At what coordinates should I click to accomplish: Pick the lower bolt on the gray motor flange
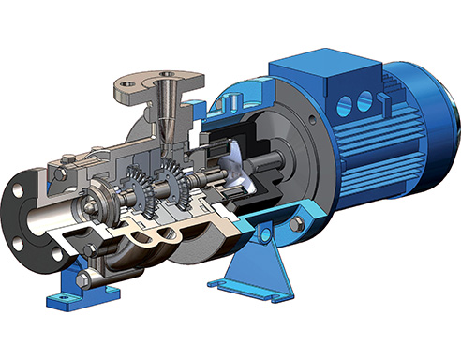298,226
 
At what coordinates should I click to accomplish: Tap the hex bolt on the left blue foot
83,280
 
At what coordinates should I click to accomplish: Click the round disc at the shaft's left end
94,202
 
